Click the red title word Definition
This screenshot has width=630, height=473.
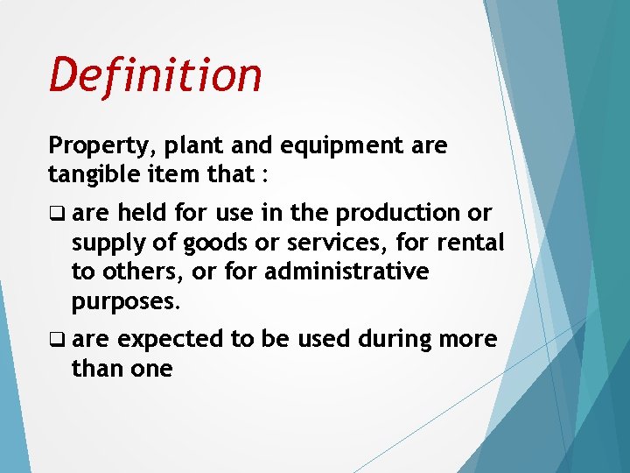pyautogui.click(x=155, y=74)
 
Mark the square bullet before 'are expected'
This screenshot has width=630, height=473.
pyautogui.click(x=57, y=340)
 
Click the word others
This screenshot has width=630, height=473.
pyautogui.click(x=148, y=272)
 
